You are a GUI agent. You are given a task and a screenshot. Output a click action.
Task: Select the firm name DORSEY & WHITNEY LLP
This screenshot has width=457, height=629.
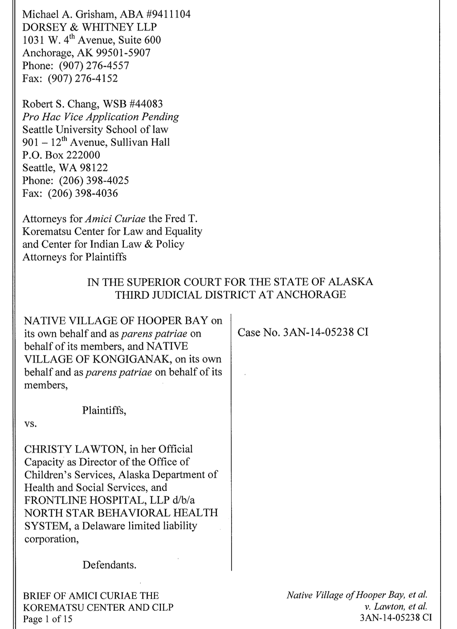[90, 27]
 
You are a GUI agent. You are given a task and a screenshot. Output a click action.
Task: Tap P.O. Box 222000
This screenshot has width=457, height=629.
[61, 155]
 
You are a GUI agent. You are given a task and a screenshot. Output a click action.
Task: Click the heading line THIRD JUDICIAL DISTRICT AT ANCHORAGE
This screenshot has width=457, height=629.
[230, 295]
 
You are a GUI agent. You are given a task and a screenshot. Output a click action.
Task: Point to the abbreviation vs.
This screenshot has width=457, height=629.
[30, 424]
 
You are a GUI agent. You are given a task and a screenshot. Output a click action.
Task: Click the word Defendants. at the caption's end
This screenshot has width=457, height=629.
[109, 565]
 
